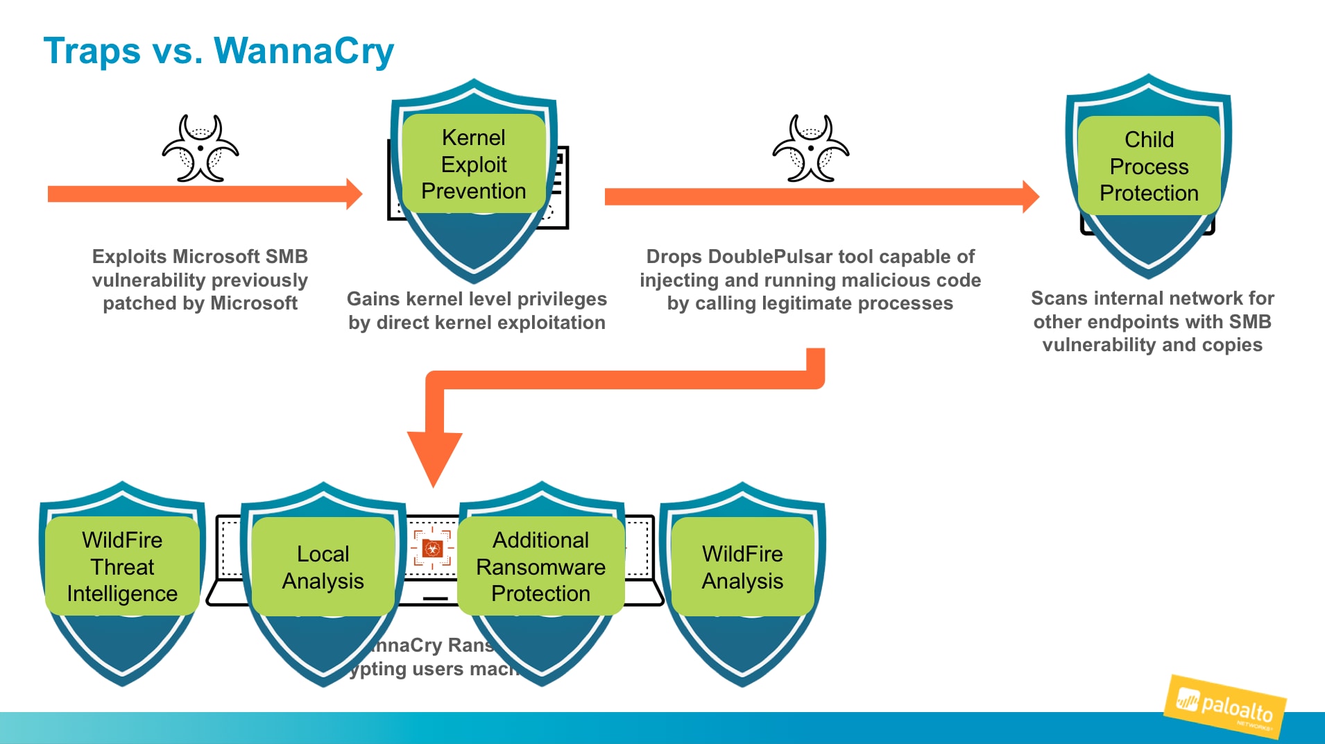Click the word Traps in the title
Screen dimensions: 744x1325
pos(92,51)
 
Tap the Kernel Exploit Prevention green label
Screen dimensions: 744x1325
pos(474,164)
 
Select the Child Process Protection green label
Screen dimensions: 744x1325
pos(1149,166)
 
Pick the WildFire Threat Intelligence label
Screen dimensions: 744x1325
pos(122,566)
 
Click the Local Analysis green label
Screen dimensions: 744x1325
pos(323,567)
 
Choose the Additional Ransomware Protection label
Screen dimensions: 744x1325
pos(540,566)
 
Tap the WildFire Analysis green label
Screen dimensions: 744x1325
pos(742,567)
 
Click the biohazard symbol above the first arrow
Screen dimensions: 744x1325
pos(200,148)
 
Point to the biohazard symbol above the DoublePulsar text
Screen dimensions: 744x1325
pos(811,148)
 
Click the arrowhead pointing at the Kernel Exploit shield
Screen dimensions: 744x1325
pos(354,194)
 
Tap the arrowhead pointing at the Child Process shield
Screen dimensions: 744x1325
pos(1030,196)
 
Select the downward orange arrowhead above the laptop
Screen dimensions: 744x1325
pos(434,458)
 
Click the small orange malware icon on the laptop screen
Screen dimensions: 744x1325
pos(432,549)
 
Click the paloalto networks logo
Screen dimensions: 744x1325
pos(1225,707)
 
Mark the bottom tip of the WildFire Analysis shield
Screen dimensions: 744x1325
pos(742,684)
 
